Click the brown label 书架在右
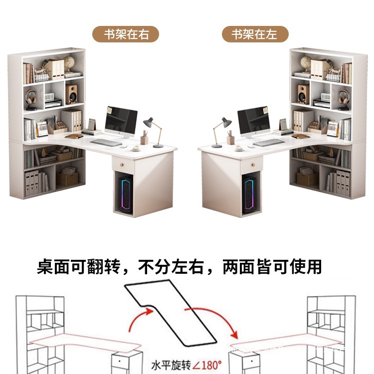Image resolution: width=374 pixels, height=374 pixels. coord(126,34)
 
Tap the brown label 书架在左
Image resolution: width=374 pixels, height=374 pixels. coord(255,34)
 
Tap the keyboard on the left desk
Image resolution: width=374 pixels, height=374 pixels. coord(106,143)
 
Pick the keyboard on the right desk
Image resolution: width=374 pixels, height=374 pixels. coord(268,143)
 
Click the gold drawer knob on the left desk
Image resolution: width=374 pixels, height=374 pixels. coord(123,165)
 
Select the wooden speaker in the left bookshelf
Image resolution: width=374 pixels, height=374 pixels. coord(72,94)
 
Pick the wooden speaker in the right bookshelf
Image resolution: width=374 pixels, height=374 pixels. coord(303,94)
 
